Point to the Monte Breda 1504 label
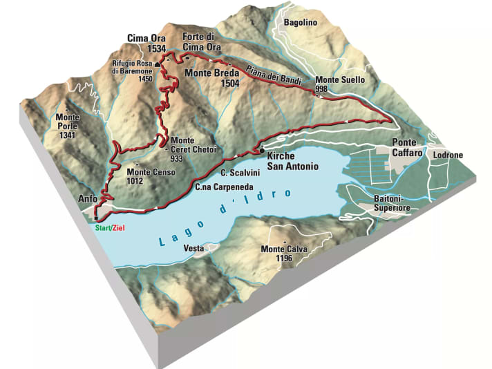[213, 77]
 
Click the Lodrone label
[447, 155]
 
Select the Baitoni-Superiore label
[392, 202]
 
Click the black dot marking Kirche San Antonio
[262, 151]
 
